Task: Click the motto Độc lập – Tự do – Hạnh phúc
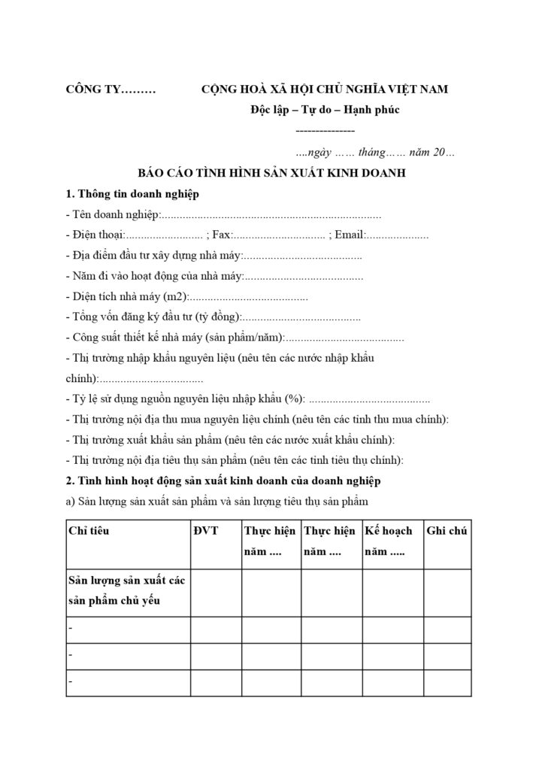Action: [325, 111]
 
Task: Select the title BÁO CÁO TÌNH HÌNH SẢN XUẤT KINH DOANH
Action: [271, 173]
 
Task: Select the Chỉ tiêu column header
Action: [89, 531]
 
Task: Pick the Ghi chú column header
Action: [447, 531]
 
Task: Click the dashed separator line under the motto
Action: [326, 131]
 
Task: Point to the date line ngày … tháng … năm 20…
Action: [375, 152]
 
